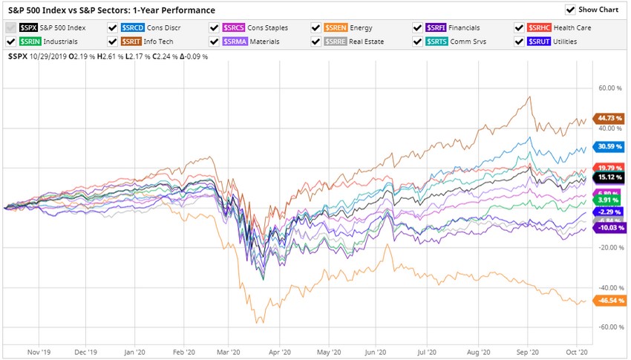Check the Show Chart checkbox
570,10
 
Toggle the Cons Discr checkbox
113,27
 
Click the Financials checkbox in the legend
419,27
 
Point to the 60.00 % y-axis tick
609,88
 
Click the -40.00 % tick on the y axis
609,287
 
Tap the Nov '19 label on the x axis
39,352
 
